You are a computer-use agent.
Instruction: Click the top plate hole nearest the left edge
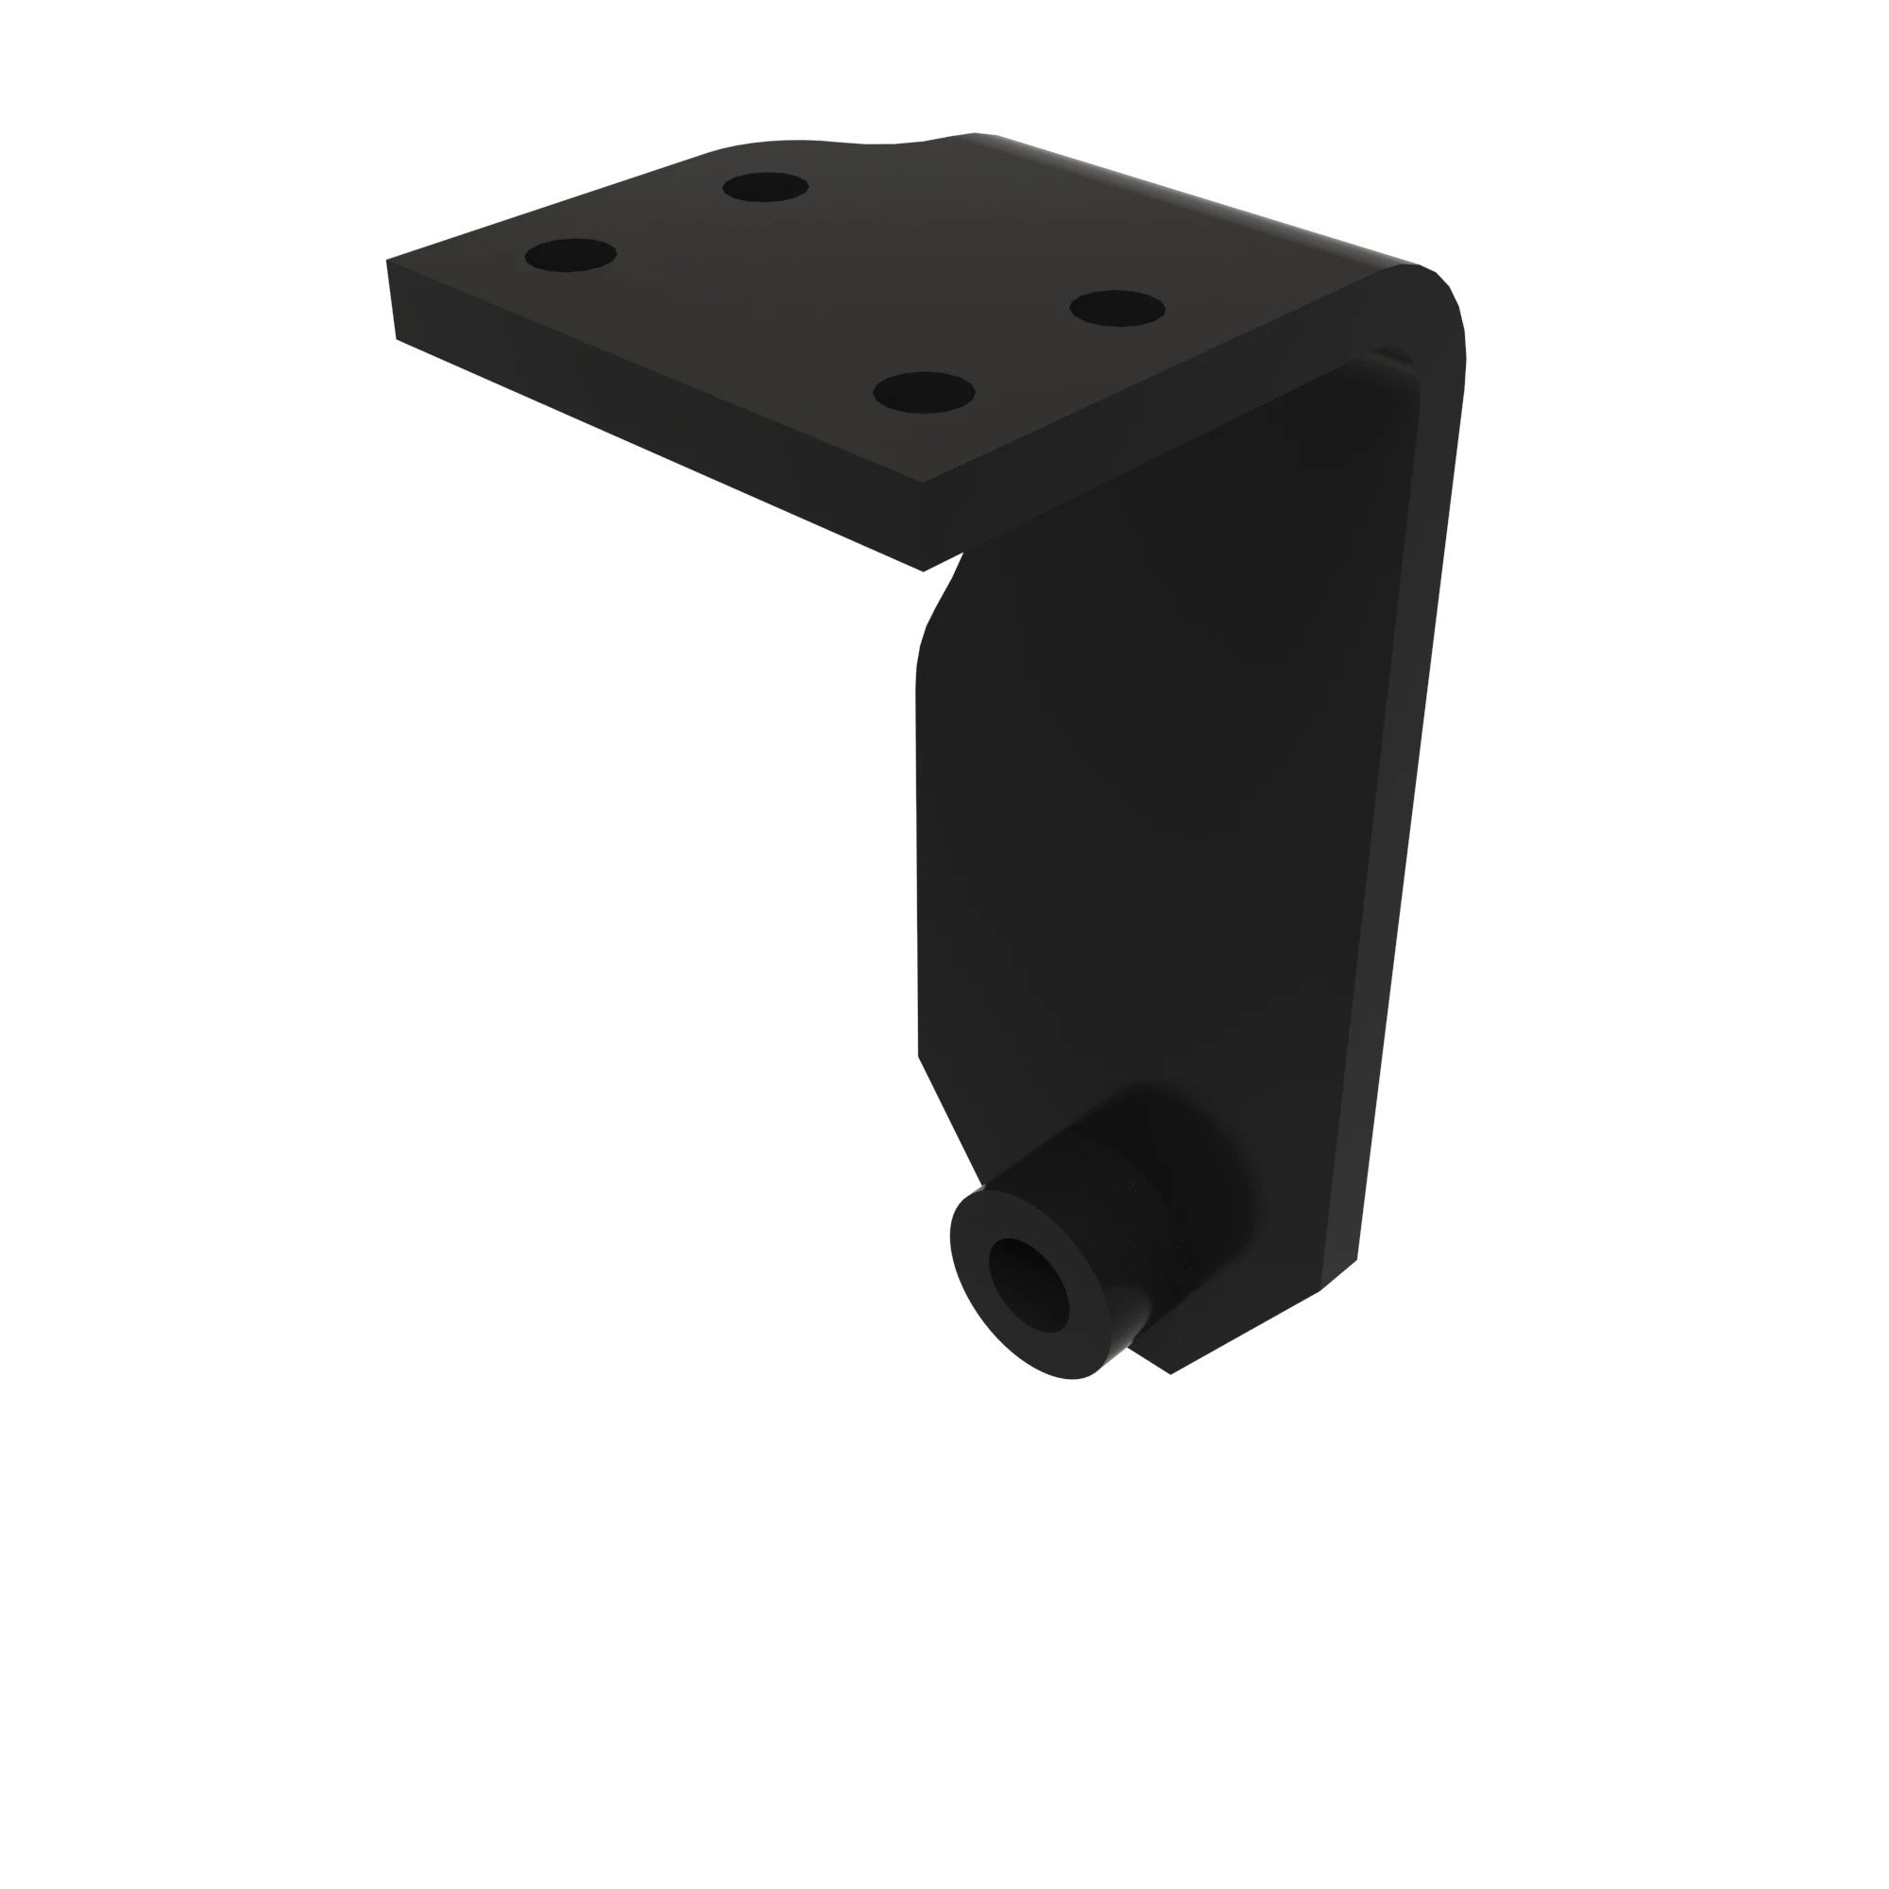[570, 255]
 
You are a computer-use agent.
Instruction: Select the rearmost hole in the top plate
[766, 187]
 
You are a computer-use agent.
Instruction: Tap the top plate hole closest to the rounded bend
[1116, 309]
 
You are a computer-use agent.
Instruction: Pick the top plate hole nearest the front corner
[923, 392]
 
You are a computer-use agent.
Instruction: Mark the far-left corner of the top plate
[388, 261]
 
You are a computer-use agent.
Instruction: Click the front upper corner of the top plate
[922, 482]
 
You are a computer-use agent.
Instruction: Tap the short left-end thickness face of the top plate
[392, 300]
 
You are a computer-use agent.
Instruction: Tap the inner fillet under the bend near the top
[1393, 362]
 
